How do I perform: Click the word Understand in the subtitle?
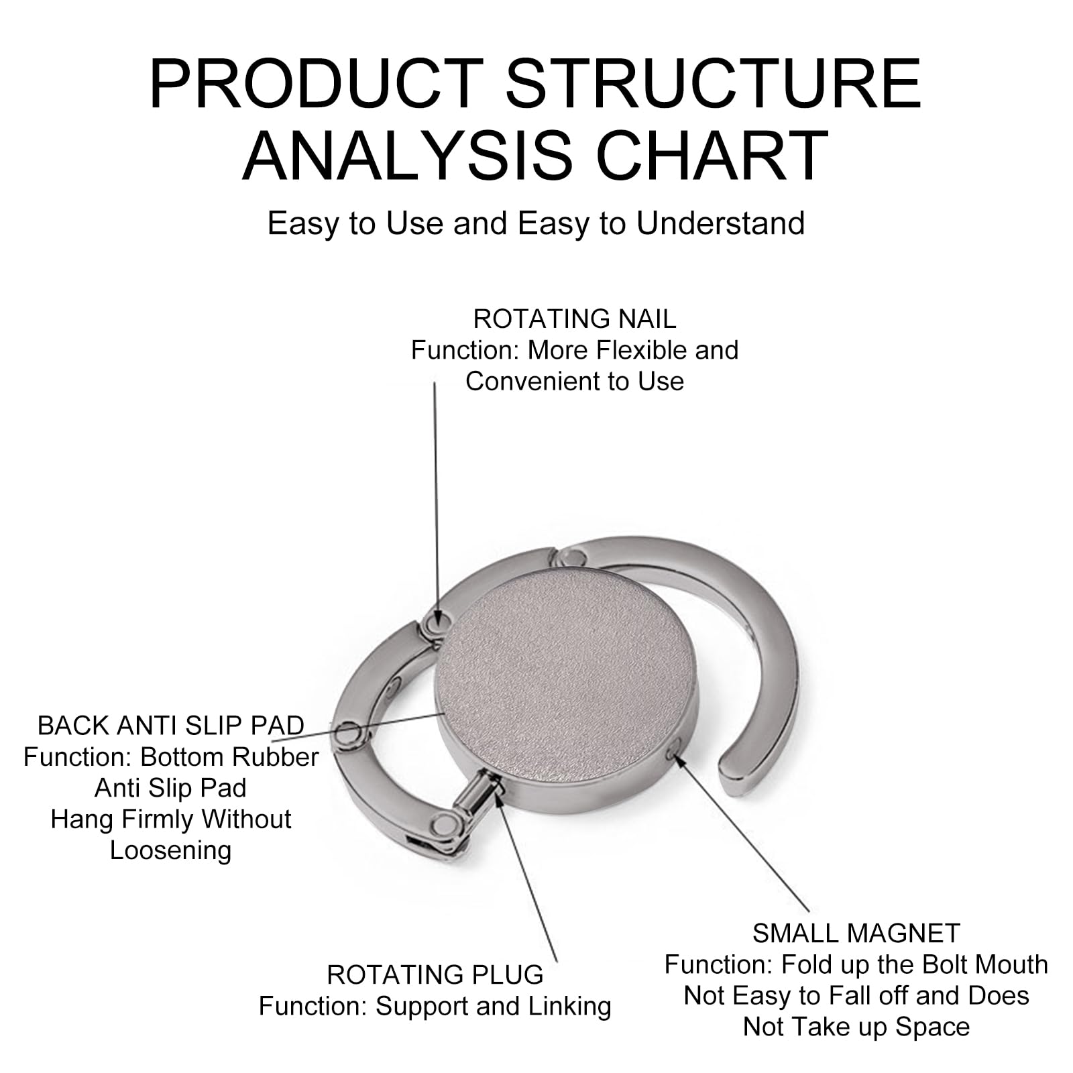point(721,223)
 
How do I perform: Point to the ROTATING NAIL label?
point(575,319)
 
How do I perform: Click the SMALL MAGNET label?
point(856,933)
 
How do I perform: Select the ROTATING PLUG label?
point(435,974)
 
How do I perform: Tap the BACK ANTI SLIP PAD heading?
point(171,726)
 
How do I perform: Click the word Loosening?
point(171,850)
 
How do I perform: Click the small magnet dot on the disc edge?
point(675,754)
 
